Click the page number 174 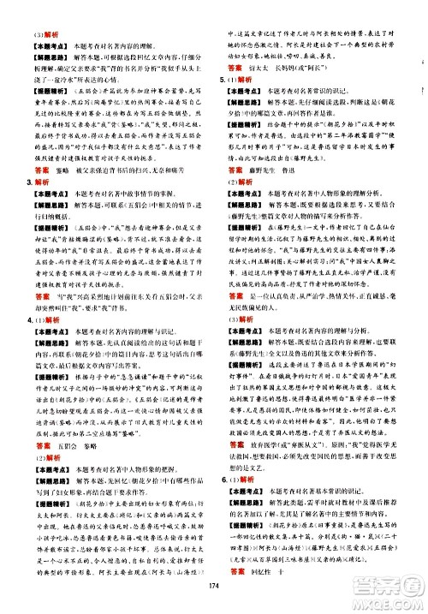coord(213,585)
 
